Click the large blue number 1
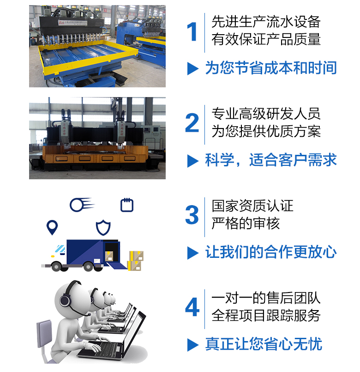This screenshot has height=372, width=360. [x=192, y=31]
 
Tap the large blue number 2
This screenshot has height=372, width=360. [x=192, y=122]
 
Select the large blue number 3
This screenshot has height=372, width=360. [x=192, y=215]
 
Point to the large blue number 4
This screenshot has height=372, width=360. [x=192, y=307]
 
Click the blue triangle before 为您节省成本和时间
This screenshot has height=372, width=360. [x=192, y=68]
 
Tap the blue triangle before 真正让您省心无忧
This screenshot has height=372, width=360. [x=192, y=345]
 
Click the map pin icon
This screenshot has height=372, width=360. [x=52, y=227]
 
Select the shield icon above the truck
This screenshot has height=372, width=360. [x=103, y=227]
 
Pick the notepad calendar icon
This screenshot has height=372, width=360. [x=127, y=205]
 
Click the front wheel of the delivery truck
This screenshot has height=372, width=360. [x=56, y=267]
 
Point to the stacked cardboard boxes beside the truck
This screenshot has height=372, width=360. [x=136, y=261]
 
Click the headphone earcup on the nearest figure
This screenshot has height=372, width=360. [x=65, y=300]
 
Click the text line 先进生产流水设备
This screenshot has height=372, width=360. [x=266, y=22]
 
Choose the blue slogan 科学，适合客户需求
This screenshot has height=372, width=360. [x=270, y=160]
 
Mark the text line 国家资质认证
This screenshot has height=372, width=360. [x=252, y=206]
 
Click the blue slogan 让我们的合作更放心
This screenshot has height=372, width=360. [x=270, y=252]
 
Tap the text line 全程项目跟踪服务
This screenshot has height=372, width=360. [x=266, y=315]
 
